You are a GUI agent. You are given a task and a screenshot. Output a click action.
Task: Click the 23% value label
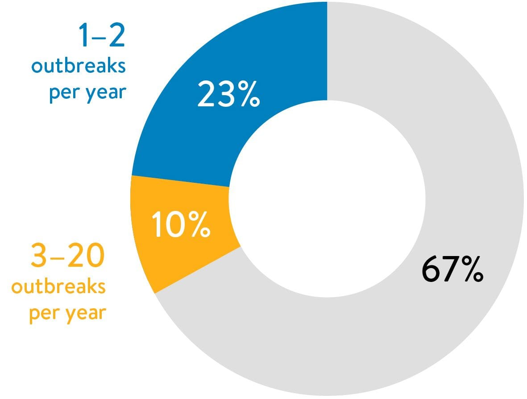click(x=228, y=94)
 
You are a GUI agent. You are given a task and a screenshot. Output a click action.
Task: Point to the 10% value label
click(x=181, y=224)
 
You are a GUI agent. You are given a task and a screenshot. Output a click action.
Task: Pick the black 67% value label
click(x=452, y=269)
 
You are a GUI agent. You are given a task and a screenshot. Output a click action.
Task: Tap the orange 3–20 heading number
click(x=67, y=255)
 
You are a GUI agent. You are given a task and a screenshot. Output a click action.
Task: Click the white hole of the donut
click(x=327, y=199)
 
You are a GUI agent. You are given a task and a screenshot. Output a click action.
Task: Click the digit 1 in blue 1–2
click(x=83, y=35)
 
